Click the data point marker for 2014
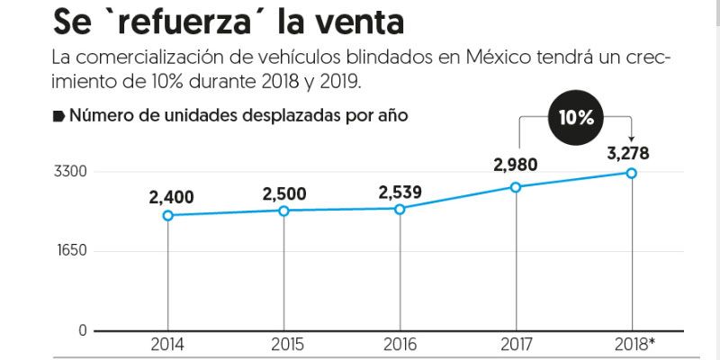167,215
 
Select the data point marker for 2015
283,211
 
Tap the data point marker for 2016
400,209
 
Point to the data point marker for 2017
516,187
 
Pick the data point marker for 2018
632,173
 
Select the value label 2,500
283,193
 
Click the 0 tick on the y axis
83,330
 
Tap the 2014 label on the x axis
167,345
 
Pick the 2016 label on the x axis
400,345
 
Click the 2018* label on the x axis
634,345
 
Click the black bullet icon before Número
58,115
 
